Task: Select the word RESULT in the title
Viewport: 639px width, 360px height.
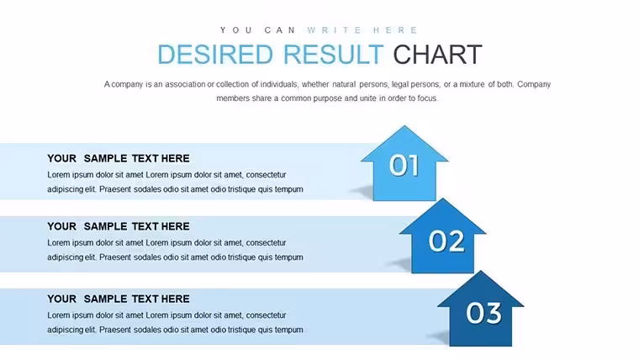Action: (x=333, y=55)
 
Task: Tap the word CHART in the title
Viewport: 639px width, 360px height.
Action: (x=437, y=55)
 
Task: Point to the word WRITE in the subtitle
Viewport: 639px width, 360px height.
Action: (x=334, y=30)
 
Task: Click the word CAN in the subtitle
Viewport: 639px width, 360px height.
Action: (x=280, y=30)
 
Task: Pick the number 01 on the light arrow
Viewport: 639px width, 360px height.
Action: (x=404, y=166)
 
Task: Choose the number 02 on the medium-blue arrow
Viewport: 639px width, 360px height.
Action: (x=446, y=241)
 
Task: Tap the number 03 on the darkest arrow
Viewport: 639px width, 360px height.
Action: (x=483, y=313)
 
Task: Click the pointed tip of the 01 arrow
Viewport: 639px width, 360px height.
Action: (x=404, y=125)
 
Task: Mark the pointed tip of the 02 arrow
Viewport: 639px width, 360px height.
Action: (x=442, y=199)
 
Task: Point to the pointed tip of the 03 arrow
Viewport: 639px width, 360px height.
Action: (x=481, y=271)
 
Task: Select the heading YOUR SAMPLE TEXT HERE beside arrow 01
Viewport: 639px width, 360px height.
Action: (x=119, y=159)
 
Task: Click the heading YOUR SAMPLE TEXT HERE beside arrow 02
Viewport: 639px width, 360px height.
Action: (x=119, y=226)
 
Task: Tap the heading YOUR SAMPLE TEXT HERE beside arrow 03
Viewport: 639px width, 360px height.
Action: (x=119, y=299)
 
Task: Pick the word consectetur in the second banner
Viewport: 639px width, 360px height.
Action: (x=267, y=243)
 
